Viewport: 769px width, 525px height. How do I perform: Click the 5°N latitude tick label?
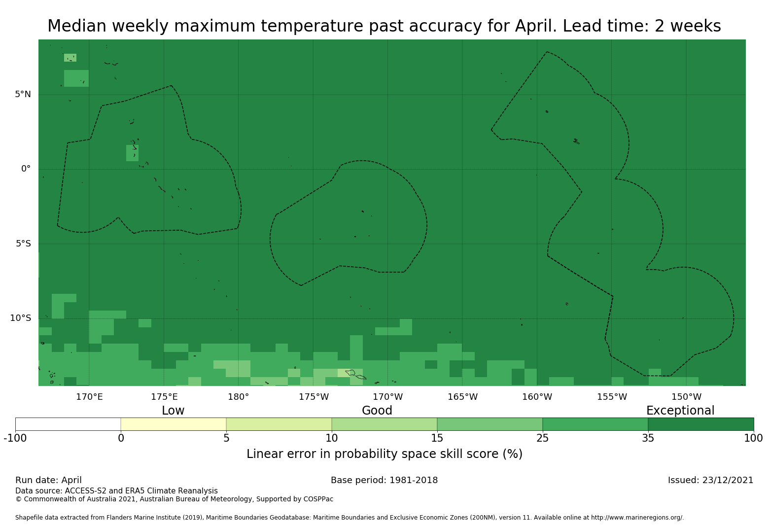pos(23,94)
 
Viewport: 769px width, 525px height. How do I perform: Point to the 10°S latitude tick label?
pos(20,318)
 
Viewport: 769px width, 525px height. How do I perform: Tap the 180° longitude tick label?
pos(238,397)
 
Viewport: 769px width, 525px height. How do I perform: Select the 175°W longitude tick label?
pos(314,397)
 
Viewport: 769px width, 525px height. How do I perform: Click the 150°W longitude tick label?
pos(686,397)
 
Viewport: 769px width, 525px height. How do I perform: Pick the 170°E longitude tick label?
pos(89,397)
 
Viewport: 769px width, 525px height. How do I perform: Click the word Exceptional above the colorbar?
pos(680,411)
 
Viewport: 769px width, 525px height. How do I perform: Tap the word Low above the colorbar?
pos(173,411)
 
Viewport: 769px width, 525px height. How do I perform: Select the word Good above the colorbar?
pos(377,411)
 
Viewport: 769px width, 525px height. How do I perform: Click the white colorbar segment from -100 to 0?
pos(68,424)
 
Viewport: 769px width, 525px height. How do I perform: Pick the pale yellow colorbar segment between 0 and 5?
pos(174,424)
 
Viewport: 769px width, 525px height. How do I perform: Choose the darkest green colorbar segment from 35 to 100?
pos(700,424)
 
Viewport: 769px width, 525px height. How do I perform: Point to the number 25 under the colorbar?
pos(542,438)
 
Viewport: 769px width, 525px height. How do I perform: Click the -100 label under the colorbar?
pos(15,438)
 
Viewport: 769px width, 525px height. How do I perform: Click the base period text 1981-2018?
pos(413,480)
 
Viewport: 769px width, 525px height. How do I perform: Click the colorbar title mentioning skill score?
pos(384,454)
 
